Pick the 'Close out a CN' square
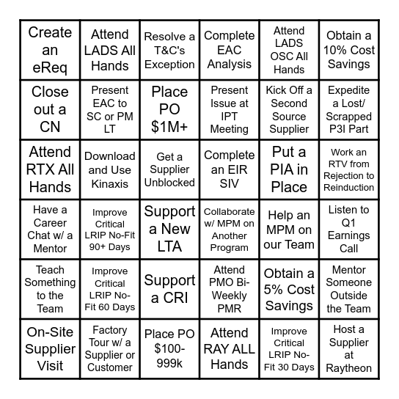point(50,109)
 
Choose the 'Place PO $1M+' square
point(169,109)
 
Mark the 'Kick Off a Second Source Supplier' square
point(289,109)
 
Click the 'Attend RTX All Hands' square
point(50,169)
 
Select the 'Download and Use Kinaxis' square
point(110,169)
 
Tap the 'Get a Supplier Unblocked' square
point(169,169)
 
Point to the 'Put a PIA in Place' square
point(289,169)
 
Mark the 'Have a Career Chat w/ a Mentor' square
point(50,229)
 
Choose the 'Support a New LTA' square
point(169,229)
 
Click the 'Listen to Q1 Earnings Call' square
point(349,229)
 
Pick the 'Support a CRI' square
point(169,289)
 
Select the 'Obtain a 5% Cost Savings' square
point(289,289)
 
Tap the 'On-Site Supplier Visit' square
point(50,349)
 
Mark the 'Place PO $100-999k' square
point(169,349)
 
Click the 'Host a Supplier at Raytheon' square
point(349,349)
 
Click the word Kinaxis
point(110,183)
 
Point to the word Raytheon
point(349,369)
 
